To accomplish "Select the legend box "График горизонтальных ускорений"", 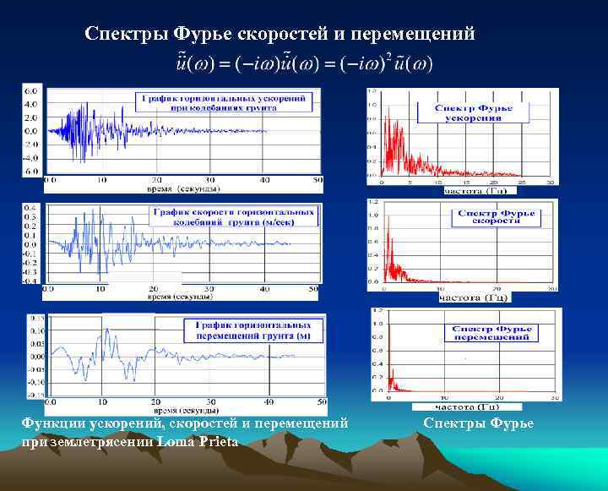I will pos(227,104).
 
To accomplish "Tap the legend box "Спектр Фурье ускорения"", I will pos(480,113).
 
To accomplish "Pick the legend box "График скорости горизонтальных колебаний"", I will pos(236,217).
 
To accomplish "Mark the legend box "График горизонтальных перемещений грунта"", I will pos(254,330).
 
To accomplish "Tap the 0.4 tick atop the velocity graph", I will pos(30,207).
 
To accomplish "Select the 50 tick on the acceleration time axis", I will pos(317,179).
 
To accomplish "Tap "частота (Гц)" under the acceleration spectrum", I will pos(475,191).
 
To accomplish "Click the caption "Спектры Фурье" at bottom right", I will pos(479,423).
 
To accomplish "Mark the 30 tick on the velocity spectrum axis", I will pos(551,289).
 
